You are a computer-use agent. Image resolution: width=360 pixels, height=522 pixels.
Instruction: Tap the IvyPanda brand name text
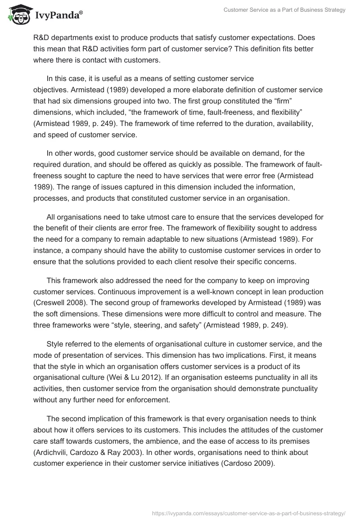pos(57,16)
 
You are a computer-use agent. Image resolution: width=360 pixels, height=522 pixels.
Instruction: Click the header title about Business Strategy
pos(284,10)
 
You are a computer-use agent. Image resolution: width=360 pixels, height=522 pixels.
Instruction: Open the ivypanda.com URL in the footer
pos(249,513)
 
